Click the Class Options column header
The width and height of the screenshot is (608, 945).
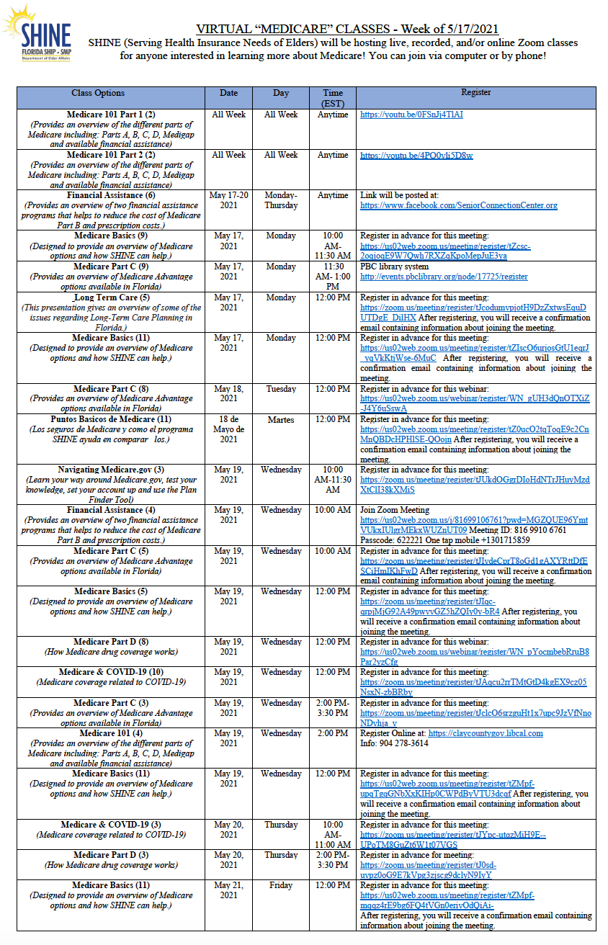click(x=98, y=93)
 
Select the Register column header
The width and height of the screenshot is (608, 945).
click(x=476, y=93)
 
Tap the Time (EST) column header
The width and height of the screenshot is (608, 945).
click(x=333, y=98)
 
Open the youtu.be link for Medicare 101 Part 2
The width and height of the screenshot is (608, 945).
click(x=416, y=155)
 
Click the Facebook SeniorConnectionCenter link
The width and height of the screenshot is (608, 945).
click(x=458, y=205)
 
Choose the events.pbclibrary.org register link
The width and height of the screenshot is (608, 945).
click(x=444, y=277)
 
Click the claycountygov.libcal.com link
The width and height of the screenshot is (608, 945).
click(x=486, y=733)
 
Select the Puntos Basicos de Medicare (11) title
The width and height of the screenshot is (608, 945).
click(x=111, y=419)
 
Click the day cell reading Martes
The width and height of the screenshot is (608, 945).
click(x=280, y=419)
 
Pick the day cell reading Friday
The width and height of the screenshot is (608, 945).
click(x=280, y=885)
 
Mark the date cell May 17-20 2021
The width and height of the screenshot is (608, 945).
click(x=228, y=200)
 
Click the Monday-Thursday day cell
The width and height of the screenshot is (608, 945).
click(x=280, y=200)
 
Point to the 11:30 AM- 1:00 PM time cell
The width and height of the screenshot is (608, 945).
click(x=333, y=277)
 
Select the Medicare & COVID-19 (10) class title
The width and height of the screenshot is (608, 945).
click(x=111, y=672)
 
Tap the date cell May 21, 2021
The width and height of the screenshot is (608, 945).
click(x=228, y=890)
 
